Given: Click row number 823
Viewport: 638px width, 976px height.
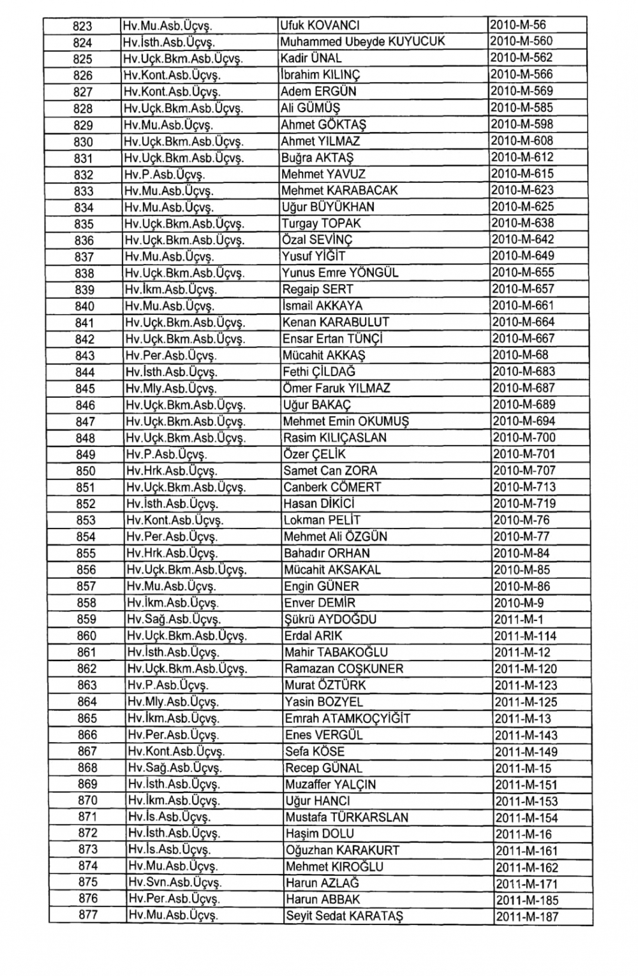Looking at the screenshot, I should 83,26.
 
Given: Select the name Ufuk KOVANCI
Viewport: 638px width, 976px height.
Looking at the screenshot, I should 320,25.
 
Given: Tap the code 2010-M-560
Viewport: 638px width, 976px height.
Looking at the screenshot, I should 522,41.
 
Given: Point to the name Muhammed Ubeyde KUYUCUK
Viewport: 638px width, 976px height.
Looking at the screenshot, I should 362,42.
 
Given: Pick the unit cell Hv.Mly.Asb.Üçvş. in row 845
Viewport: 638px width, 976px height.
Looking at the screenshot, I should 171,389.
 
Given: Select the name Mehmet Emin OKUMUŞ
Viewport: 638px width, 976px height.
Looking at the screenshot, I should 346,421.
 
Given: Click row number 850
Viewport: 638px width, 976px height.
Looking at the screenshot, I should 85,471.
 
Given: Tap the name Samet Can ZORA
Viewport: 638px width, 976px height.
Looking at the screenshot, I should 330,471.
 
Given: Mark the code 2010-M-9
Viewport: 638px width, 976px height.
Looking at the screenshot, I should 518,603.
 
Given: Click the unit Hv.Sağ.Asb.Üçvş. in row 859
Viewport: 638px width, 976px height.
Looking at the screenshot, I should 172,620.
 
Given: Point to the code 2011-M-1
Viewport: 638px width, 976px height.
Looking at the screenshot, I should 518,620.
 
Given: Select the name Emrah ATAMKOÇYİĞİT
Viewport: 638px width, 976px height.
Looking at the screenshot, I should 347,718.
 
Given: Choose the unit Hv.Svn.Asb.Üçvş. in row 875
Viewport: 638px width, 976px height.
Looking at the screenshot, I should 174,883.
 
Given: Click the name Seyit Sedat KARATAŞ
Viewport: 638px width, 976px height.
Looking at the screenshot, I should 344,917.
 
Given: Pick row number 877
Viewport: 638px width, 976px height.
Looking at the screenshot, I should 88,915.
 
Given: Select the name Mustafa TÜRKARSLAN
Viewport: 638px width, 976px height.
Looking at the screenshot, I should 346,818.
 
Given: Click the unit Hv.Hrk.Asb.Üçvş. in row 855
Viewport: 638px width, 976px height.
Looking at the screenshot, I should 172,553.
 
